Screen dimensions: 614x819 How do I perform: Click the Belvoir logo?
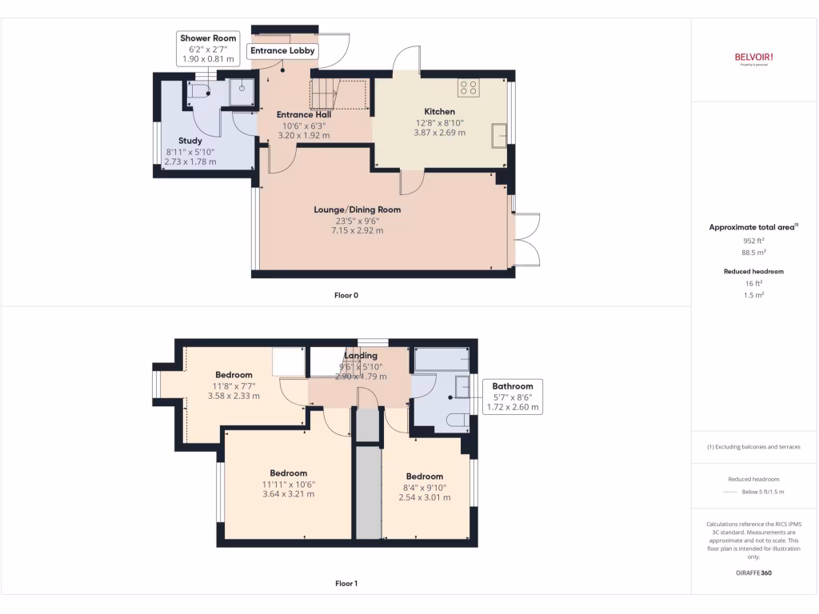point(753,57)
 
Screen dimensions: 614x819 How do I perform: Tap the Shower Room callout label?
point(208,48)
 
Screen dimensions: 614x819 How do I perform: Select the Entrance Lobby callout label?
point(283,51)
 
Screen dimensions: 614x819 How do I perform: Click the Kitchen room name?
point(440,111)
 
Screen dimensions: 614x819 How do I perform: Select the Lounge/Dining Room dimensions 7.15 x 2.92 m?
point(357,230)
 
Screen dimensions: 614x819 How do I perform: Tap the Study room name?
point(190,141)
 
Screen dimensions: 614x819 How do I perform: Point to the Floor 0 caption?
point(346,295)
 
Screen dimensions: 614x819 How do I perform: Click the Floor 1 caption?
point(346,584)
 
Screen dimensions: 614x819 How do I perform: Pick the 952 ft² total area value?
point(753,240)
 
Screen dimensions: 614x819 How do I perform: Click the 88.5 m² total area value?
point(753,252)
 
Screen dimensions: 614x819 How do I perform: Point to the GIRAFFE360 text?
point(753,572)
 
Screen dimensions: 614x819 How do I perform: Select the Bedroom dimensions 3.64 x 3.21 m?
point(289,493)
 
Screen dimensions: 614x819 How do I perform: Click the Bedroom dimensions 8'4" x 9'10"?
point(424,487)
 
